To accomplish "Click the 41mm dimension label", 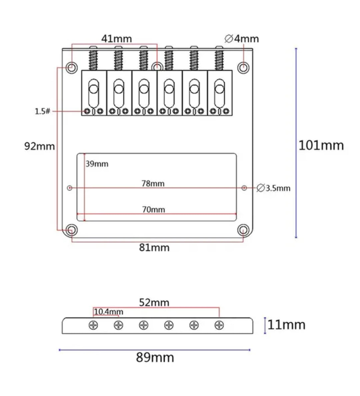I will (116, 39).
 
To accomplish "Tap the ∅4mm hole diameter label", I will (242, 39).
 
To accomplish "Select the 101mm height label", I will (321, 145).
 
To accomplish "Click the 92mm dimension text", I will (39, 146).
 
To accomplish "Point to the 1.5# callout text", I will (42, 111).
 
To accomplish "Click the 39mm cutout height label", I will (97, 164).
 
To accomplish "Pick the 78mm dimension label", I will (153, 183).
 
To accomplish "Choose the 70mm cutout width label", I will (153, 210).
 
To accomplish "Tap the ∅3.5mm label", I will (274, 188).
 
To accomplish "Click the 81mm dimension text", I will (154, 248).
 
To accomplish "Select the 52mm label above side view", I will (154, 303).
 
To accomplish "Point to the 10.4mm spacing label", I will (109, 312).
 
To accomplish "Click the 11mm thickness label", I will (286, 325).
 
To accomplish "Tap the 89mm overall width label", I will (155, 358).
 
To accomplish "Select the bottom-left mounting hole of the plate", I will (71, 230).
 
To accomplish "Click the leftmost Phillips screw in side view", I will (93, 325).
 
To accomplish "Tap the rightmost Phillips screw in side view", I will (219, 325).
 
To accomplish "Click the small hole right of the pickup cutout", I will (244, 188).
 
